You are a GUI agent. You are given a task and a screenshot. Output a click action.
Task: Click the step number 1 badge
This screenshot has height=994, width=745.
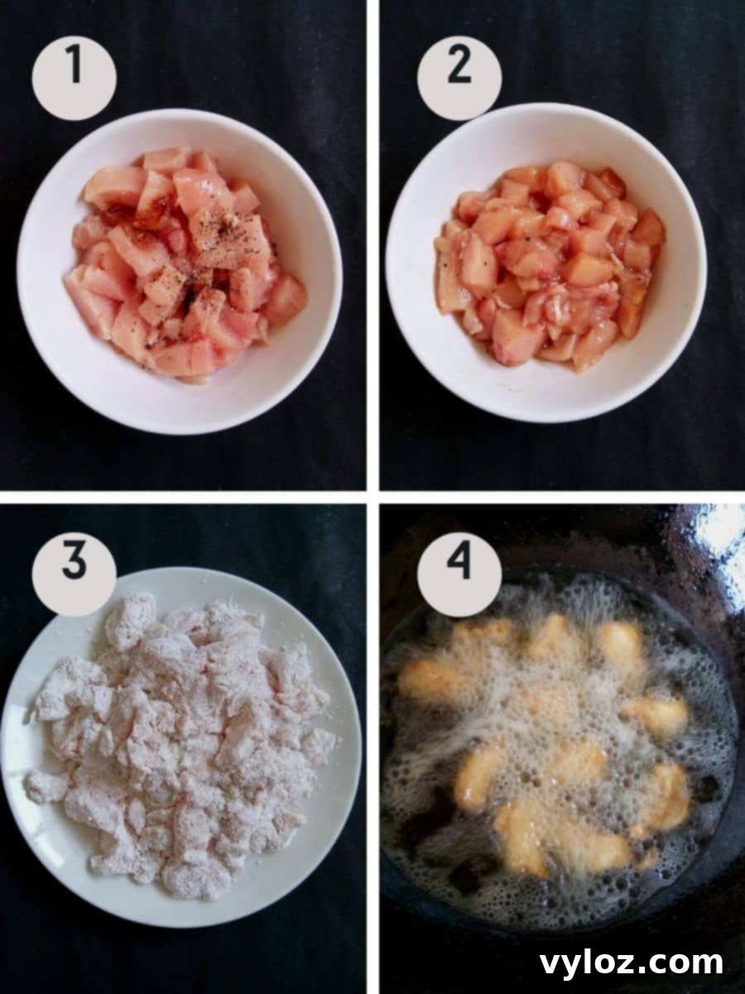[74, 77]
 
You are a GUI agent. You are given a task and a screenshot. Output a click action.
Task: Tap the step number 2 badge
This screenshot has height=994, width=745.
[459, 77]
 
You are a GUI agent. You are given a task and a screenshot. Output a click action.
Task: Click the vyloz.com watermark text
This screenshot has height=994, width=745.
[631, 963]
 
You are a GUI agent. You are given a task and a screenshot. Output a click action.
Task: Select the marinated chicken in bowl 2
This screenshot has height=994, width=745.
[546, 265]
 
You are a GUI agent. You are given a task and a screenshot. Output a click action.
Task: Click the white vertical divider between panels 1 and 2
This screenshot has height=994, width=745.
[372, 248]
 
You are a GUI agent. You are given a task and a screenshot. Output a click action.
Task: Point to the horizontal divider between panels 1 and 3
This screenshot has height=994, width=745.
[182, 496]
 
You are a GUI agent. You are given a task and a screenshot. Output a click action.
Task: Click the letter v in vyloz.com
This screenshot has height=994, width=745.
[550, 964]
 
